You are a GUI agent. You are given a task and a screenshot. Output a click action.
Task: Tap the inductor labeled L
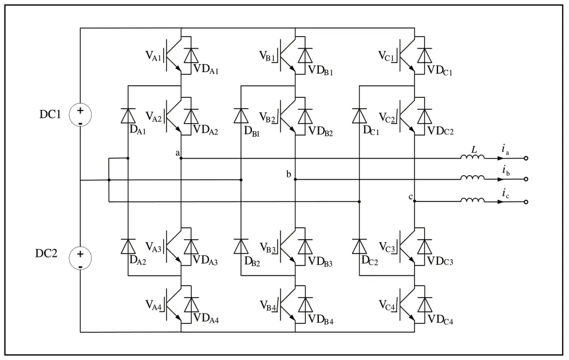pos(473,157)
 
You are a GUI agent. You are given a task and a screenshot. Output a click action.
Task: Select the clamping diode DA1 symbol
pos(127,115)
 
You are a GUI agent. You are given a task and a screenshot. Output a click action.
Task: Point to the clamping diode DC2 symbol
pos(359,246)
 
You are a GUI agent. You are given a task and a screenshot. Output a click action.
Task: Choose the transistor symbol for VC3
pos(406,246)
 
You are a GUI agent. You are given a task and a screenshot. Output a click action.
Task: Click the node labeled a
pos(181,158)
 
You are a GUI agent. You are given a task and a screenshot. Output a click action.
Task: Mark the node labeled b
pos(295,180)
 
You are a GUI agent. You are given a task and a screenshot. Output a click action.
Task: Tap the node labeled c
pos(414,201)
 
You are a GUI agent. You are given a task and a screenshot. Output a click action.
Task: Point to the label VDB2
pos(321,132)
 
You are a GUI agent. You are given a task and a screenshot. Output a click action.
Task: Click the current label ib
pos(505,170)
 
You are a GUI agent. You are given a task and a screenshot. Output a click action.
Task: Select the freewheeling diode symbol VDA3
pos(191,246)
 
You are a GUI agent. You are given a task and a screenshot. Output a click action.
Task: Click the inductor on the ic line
pos(473,200)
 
